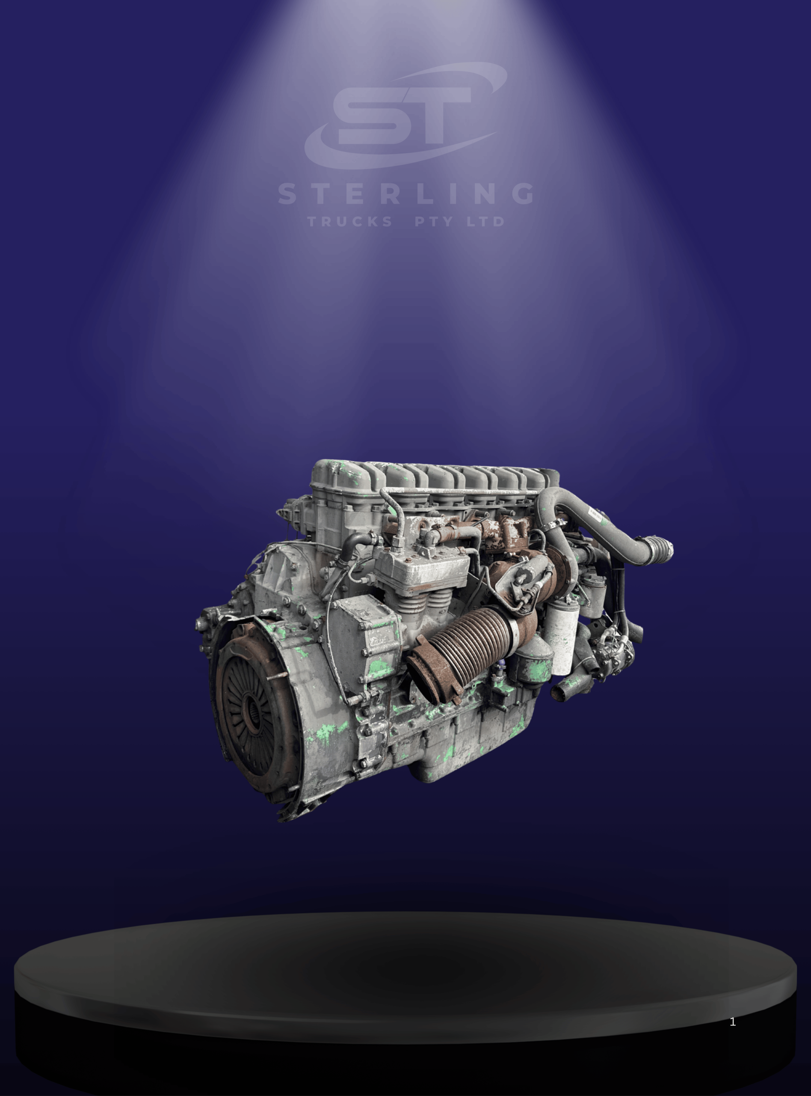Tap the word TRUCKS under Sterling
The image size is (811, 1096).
[350, 222]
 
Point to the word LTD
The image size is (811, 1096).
[485, 222]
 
